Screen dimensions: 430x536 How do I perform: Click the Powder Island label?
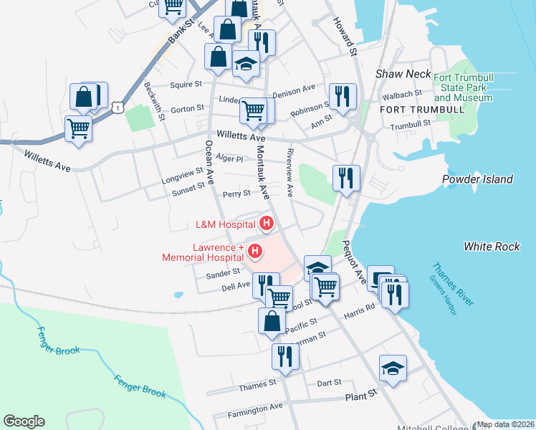477,179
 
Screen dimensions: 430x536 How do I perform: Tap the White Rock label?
492,247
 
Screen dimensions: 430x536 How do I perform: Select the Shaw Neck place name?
404,75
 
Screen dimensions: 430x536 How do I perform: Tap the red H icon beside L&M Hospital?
267,224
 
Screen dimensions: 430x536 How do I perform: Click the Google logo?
24,421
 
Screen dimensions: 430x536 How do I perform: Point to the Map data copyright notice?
506,424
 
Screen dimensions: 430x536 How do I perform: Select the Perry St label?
236,193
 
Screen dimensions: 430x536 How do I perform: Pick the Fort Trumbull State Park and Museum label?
463,87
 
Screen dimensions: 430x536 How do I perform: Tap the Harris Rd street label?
360,308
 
